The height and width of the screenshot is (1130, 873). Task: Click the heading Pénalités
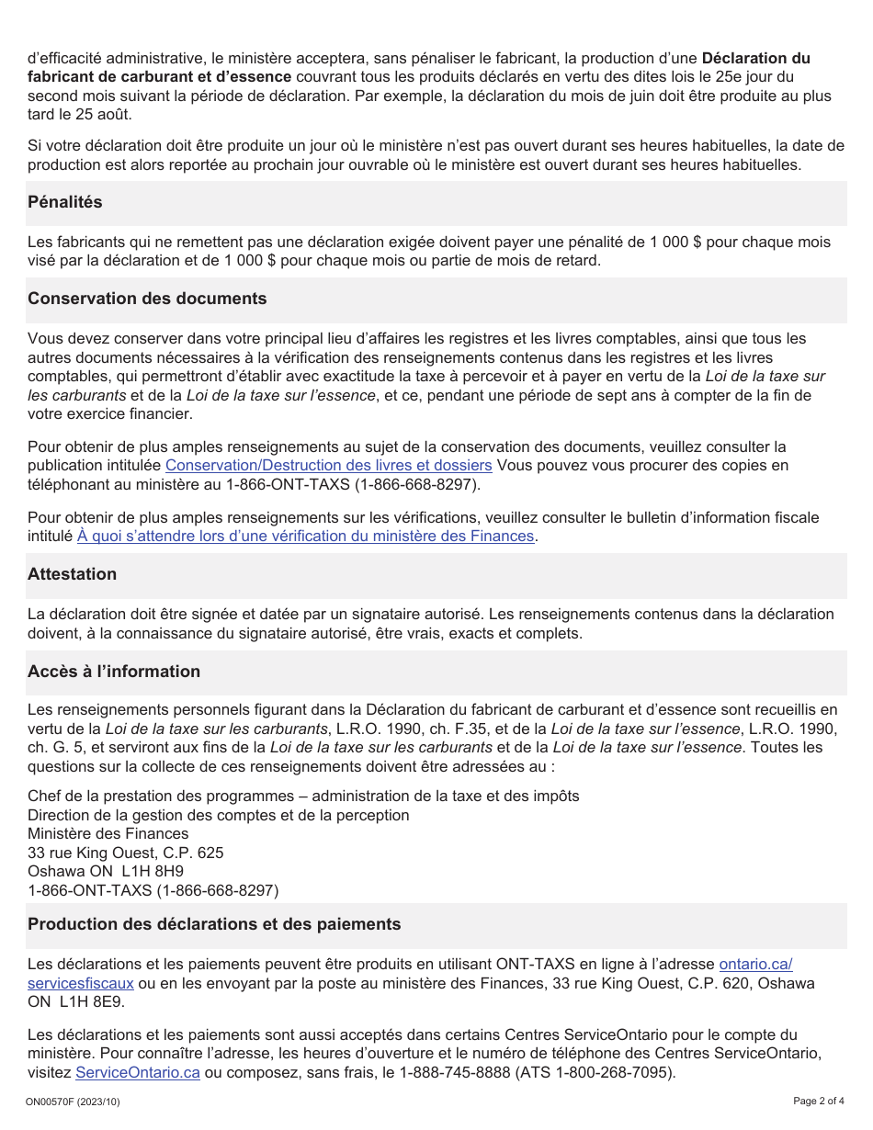coord(65,202)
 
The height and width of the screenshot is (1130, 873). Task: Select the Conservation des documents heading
coord(147,299)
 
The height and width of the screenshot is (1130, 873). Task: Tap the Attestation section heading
coord(72,574)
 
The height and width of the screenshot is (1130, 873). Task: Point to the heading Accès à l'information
coord(114,672)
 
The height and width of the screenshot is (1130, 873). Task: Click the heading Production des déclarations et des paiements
coord(214,924)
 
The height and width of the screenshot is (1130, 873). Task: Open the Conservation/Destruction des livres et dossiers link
coord(328,466)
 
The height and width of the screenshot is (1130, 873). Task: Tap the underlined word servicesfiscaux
coord(81,983)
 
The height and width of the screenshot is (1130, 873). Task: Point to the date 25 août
coord(108,115)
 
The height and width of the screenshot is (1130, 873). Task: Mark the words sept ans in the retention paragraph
coord(617,396)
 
